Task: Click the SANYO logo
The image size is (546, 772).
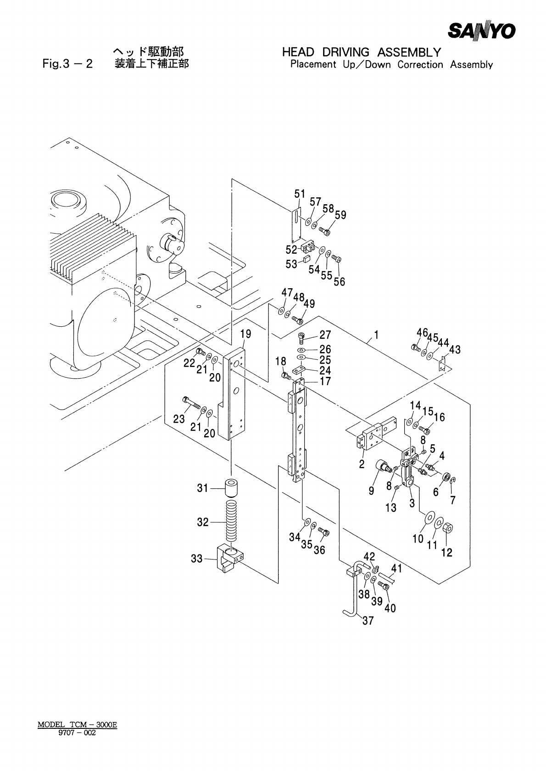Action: (x=482, y=32)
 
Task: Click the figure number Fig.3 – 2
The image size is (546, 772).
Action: (x=67, y=64)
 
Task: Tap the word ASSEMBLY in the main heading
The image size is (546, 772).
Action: (x=409, y=52)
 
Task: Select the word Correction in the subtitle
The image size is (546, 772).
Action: (x=420, y=64)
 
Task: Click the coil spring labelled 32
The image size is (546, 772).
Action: (x=232, y=522)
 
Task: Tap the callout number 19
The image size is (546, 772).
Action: (x=245, y=334)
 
